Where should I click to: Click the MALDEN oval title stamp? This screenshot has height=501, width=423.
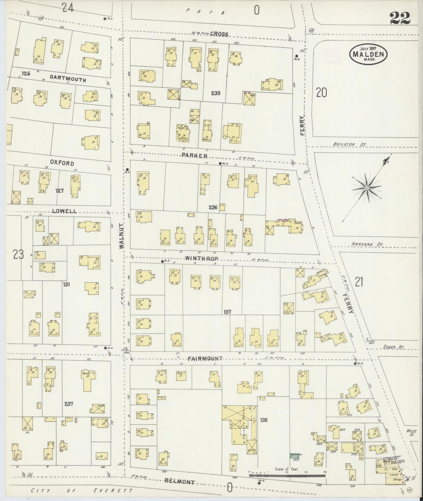point(368,54)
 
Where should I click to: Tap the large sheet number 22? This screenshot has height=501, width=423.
point(400,19)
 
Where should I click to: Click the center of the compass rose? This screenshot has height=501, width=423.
point(366,187)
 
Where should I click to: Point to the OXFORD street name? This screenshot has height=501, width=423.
point(62,163)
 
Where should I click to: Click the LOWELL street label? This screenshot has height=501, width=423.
point(64,211)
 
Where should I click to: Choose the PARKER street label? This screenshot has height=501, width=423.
point(194,156)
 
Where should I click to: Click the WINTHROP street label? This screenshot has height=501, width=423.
point(202,258)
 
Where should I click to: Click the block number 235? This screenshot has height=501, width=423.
point(215,94)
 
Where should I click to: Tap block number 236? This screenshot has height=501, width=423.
point(213,207)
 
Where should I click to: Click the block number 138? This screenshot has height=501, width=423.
point(263,420)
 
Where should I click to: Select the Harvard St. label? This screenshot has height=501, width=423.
point(367,244)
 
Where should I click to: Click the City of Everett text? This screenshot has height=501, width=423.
point(82,490)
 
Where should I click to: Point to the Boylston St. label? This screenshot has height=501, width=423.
point(349,144)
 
